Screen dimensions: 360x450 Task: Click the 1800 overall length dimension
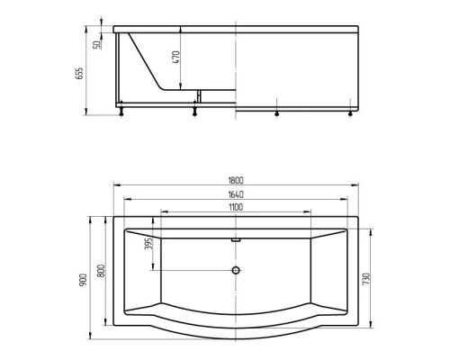[x=237, y=180]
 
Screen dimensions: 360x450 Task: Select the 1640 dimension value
[x=237, y=193]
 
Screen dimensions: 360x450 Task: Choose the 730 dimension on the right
[x=364, y=280]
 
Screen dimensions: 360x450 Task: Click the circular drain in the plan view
[x=237, y=270]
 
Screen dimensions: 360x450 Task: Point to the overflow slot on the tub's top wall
[x=237, y=239]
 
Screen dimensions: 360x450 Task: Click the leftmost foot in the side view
[x=122, y=112]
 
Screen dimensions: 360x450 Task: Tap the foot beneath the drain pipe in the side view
[x=194, y=112]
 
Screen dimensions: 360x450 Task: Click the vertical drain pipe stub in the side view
[x=194, y=98]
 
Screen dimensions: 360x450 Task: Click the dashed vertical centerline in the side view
[x=238, y=72]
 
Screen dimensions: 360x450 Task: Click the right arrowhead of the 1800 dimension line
[x=355, y=186]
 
